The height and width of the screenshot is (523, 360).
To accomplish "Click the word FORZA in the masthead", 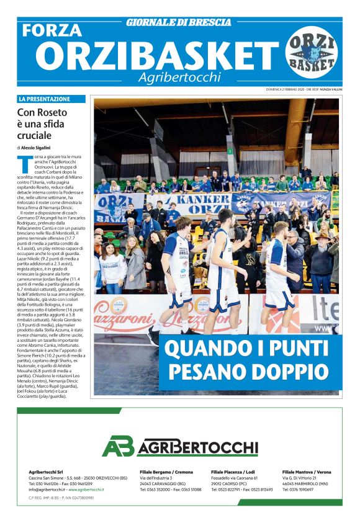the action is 52,30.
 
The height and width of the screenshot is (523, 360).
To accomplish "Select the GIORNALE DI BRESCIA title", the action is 179,22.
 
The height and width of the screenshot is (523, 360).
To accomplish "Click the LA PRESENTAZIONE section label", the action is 45,99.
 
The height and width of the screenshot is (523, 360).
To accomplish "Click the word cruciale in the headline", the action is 35,135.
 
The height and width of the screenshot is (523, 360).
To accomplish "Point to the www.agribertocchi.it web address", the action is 86,489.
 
